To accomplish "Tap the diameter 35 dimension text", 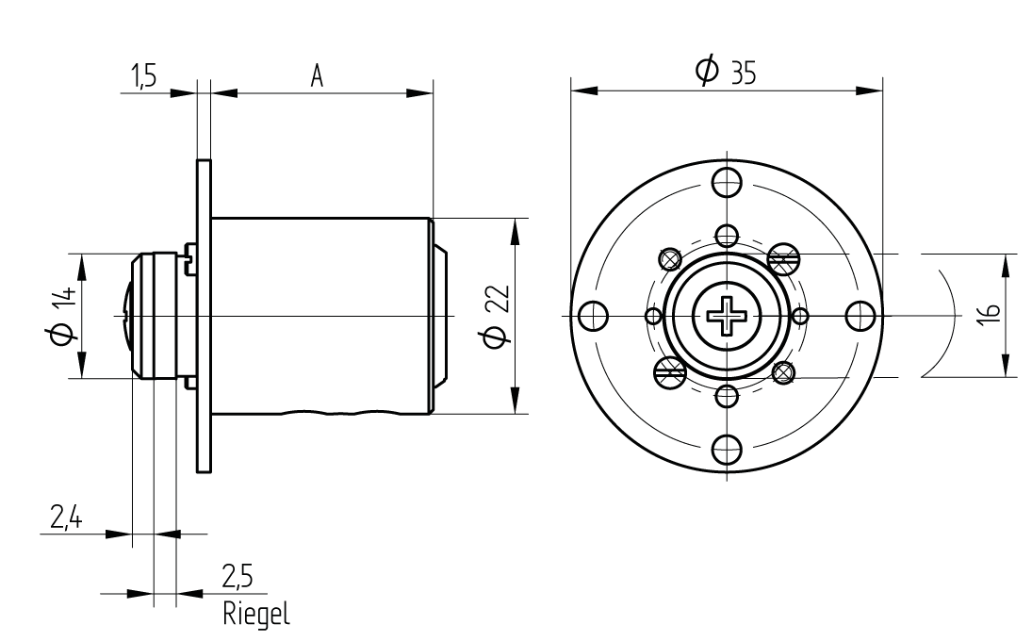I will (x=727, y=72).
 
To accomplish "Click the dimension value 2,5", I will (x=238, y=574).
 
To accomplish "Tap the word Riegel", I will (x=257, y=614).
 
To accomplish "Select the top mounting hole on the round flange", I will (x=727, y=181).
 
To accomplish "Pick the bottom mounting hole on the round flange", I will (x=727, y=451).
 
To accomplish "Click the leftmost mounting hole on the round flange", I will (x=592, y=316).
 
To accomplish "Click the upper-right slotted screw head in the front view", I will (x=784, y=255).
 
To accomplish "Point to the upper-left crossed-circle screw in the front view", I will (x=670, y=257).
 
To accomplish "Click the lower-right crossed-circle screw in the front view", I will (x=783, y=373).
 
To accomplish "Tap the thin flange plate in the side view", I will (x=204, y=316).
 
